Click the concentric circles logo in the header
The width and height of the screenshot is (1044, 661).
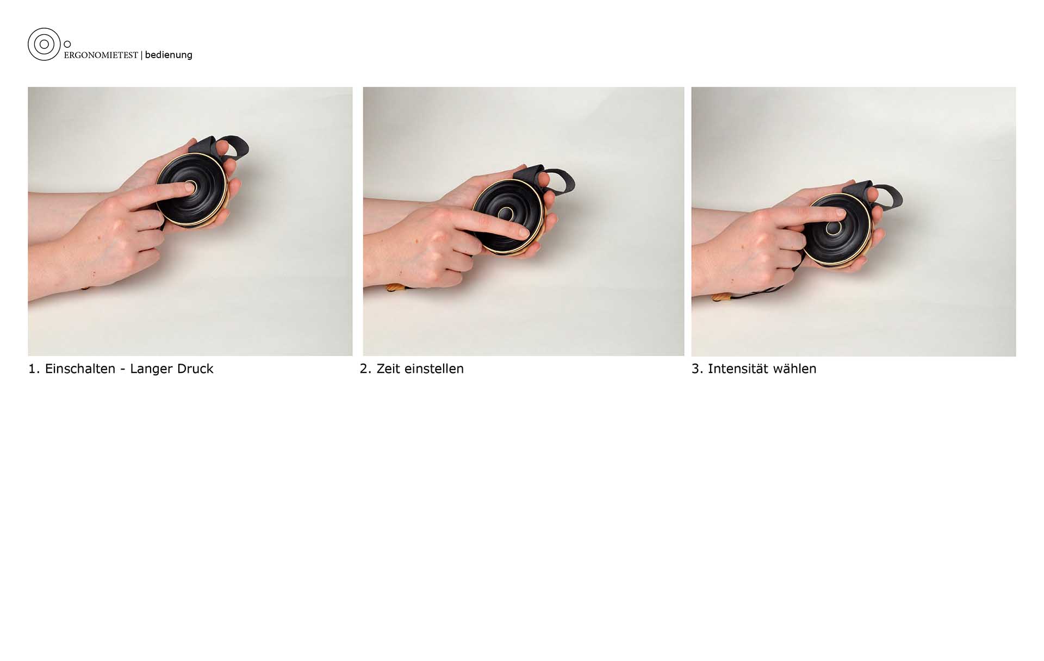tap(44, 44)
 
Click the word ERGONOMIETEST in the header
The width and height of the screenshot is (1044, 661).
tap(101, 55)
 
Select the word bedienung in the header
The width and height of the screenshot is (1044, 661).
tap(169, 55)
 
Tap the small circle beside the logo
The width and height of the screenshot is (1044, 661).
tap(67, 44)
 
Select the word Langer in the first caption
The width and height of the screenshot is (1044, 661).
tap(150, 369)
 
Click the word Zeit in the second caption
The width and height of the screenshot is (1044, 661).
tap(388, 369)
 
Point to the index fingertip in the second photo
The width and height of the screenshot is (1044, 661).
tap(523, 233)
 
